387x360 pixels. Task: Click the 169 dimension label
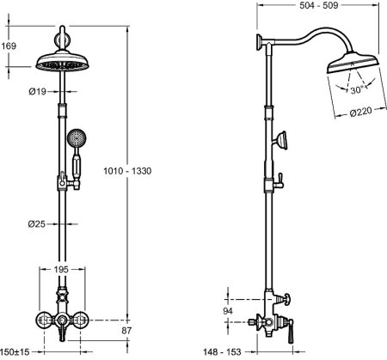(9, 46)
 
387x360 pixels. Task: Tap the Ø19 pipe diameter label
(38, 92)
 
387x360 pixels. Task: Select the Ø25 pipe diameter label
(37, 224)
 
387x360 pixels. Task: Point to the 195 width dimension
(61, 269)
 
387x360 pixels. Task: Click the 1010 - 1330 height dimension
(127, 171)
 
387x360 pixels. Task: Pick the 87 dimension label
(126, 331)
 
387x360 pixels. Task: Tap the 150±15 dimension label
(15, 351)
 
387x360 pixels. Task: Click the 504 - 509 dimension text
(319, 5)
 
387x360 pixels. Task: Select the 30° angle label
(357, 90)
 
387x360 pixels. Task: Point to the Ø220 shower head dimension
(361, 112)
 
